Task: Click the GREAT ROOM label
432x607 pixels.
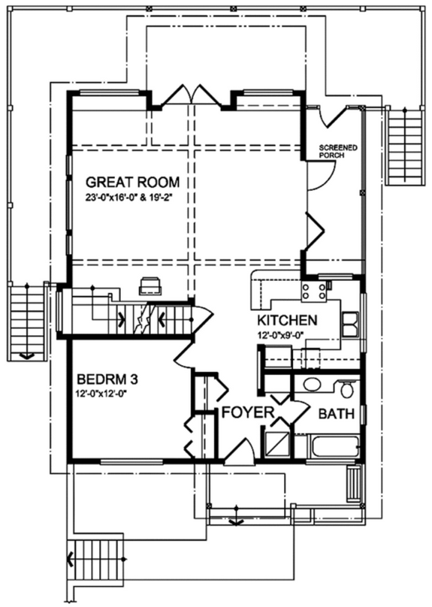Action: click(x=131, y=182)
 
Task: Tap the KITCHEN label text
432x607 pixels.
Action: click(x=286, y=321)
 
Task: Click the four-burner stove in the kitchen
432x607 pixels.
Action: click(x=313, y=290)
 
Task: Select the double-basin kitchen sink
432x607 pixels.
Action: click(x=350, y=324)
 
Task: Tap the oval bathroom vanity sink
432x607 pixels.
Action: click(x=310, y=386)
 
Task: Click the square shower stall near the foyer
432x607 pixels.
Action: click(x=276, y=444)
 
